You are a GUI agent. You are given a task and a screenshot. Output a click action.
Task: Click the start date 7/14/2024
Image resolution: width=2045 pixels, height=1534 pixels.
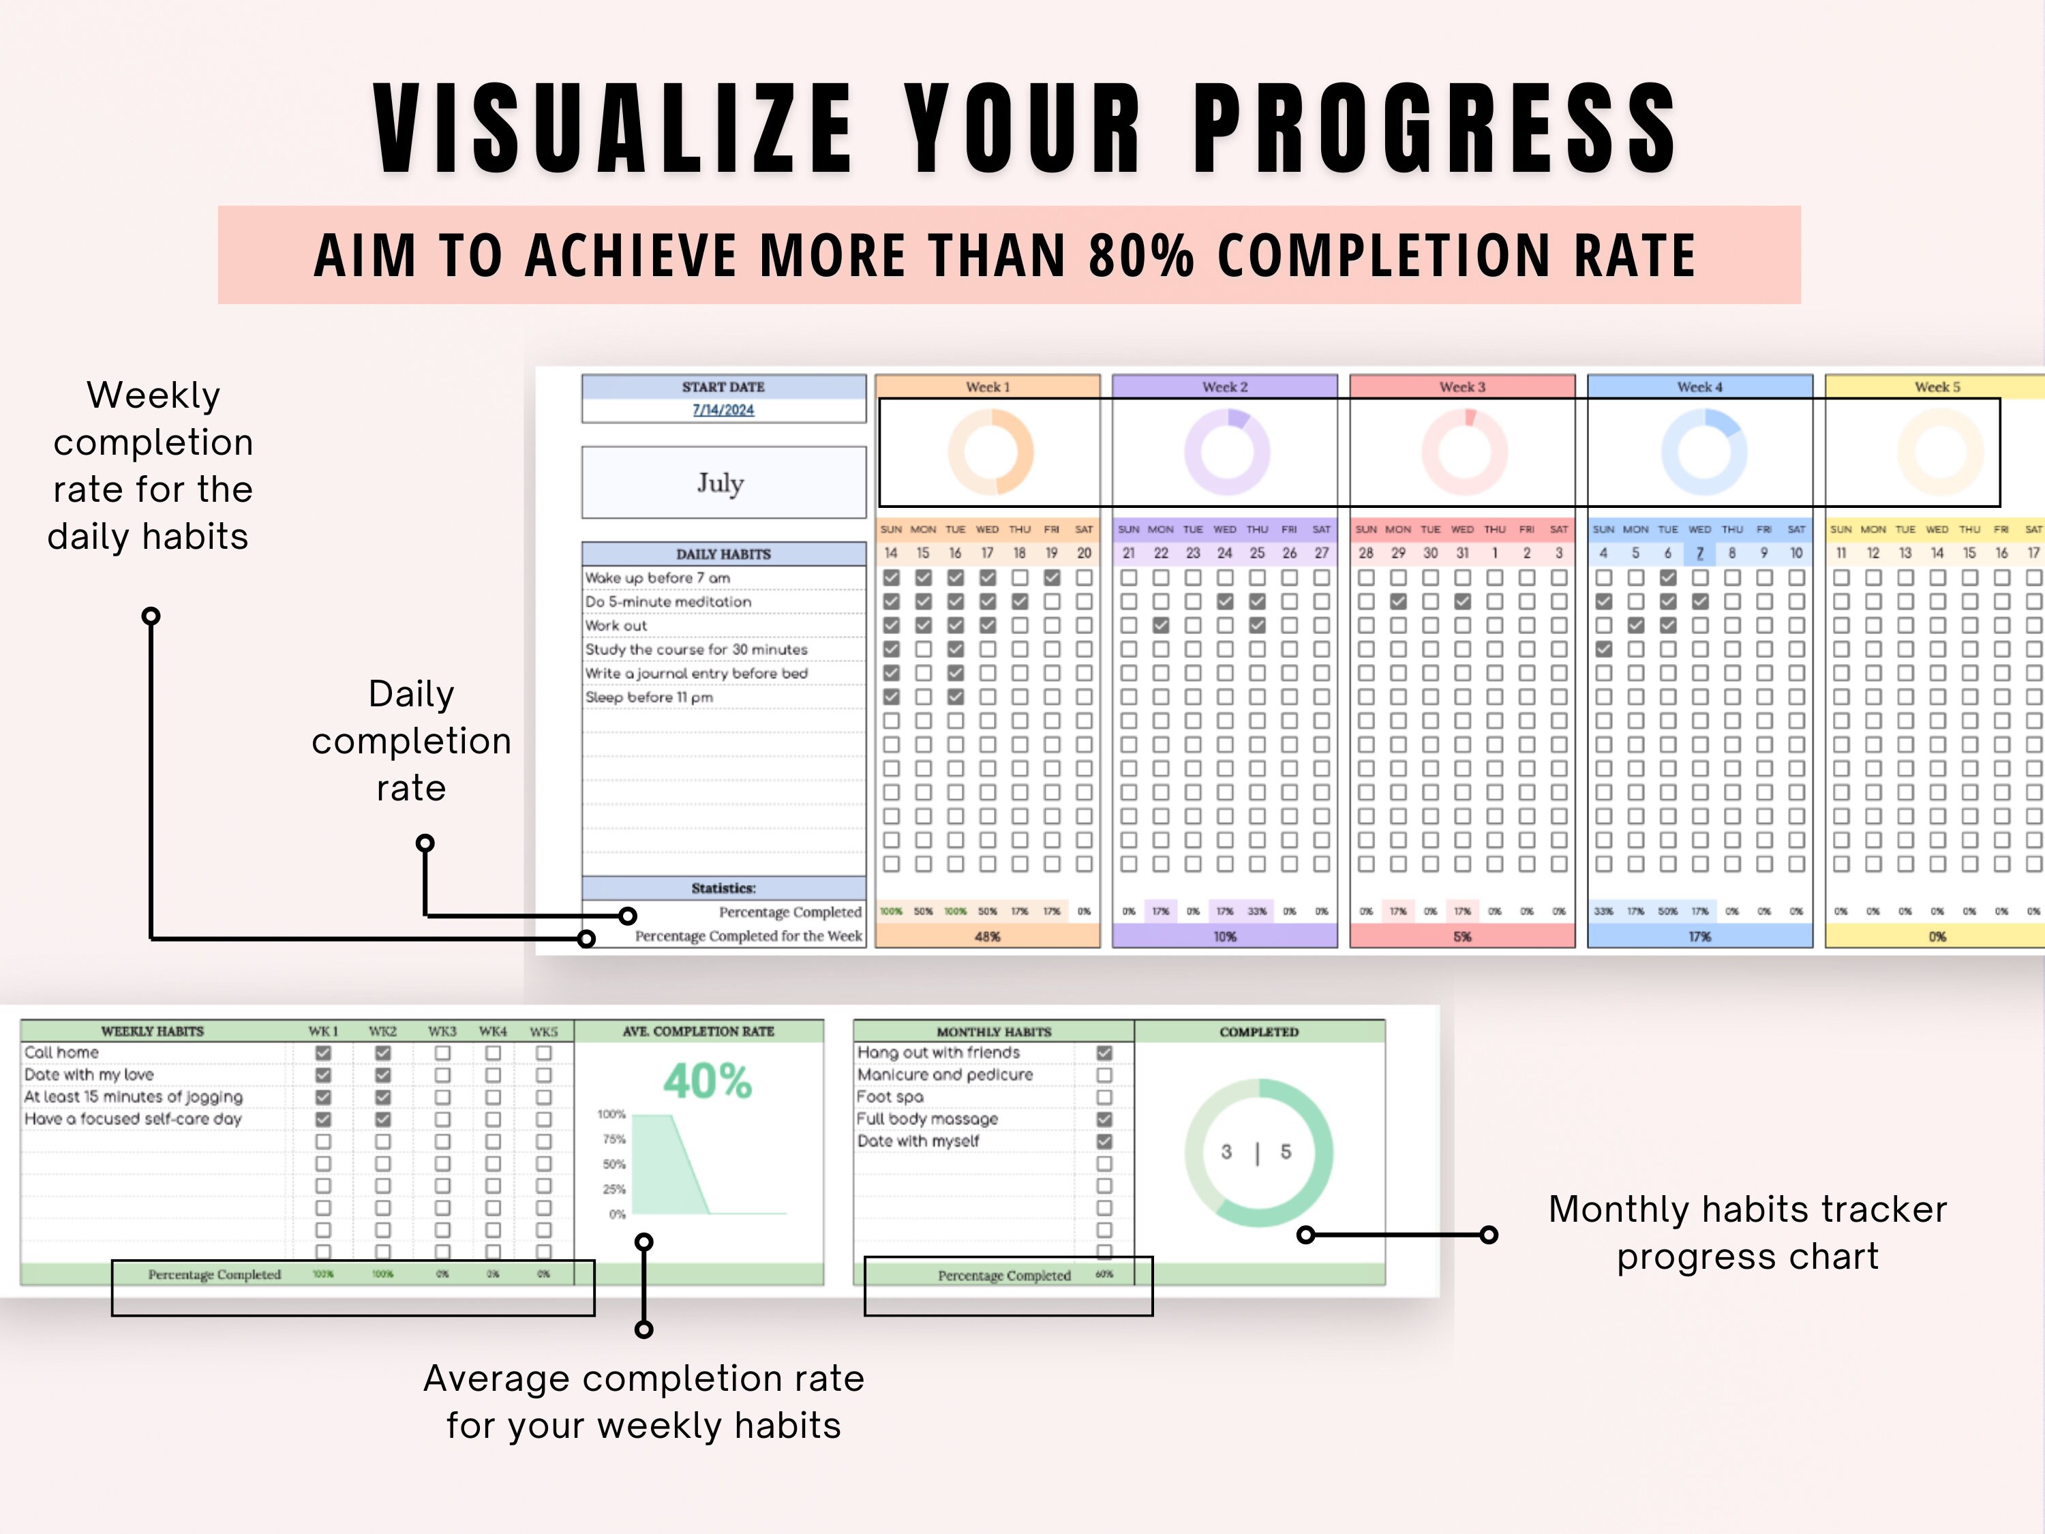tap(723, 410)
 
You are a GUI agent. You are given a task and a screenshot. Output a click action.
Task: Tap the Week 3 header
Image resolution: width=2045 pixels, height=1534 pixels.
tap(1461, 387)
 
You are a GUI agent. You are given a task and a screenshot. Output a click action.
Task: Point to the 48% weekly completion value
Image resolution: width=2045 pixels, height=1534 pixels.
tap(987, 937)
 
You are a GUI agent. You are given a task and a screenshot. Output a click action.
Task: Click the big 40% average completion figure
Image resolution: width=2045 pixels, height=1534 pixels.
tap(708, 1081)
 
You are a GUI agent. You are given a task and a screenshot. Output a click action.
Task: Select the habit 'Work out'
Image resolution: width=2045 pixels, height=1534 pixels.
tap(617, 626)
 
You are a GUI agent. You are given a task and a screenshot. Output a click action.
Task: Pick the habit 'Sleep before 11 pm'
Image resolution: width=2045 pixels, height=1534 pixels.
tap(649, 697)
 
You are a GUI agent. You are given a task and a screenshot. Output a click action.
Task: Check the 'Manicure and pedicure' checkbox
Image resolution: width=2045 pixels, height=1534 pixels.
tap(1104, 1074)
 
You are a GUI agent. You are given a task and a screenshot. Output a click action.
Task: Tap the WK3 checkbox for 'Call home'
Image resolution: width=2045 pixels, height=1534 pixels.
tap(443, 1052)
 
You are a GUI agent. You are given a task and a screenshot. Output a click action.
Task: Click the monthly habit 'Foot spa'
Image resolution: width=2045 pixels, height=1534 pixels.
tap(890, 1096)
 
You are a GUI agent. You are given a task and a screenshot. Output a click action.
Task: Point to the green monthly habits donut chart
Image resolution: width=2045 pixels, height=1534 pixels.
tap(1258, 1152)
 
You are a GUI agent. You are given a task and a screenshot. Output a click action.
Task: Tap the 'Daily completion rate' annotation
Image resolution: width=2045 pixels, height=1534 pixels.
tap(412, 740)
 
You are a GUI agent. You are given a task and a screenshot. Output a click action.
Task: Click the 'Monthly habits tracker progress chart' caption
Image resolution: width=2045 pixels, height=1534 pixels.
tap(1747, 1233)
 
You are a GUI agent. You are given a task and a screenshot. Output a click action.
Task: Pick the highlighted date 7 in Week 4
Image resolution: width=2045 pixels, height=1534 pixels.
tap(1699, 553)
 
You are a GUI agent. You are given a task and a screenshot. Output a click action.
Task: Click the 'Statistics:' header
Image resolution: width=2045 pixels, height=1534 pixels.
tap(723, 888)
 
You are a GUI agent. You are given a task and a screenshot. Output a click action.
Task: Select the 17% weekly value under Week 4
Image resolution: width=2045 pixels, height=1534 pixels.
tap(1699, 937)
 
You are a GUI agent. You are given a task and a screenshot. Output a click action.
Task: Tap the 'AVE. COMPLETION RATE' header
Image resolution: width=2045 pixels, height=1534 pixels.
tap(698, 1031)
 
